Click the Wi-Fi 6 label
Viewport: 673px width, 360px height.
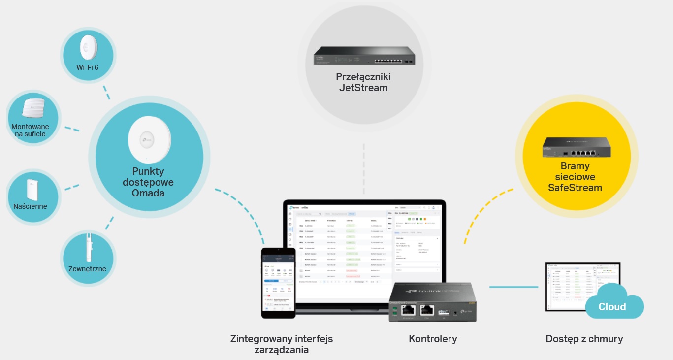click(87, 67)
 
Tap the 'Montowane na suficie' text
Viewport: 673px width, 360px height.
click(30, 130)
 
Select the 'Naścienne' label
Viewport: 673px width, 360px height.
click(31, 206)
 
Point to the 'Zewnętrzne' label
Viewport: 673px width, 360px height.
click(87, 268)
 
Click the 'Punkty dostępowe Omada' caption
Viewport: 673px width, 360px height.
click(148, 182)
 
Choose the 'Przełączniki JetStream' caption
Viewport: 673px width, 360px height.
click(363, 82)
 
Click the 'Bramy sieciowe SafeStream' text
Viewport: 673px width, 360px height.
click(575, 177)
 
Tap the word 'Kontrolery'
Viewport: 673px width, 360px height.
click(433, 339)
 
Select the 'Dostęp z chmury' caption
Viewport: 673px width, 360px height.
click(584, 339)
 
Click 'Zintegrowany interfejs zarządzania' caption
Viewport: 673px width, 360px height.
click(282, 344)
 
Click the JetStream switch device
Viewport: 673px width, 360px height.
click(364, 55)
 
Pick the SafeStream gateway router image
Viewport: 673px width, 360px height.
click(577, 146)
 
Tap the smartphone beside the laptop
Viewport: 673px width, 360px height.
click(278, 283)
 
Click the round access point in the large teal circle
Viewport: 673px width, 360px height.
click(149, 140)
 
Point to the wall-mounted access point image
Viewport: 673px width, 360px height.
click(32, 189)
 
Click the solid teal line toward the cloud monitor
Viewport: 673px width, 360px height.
click(513, 287)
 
